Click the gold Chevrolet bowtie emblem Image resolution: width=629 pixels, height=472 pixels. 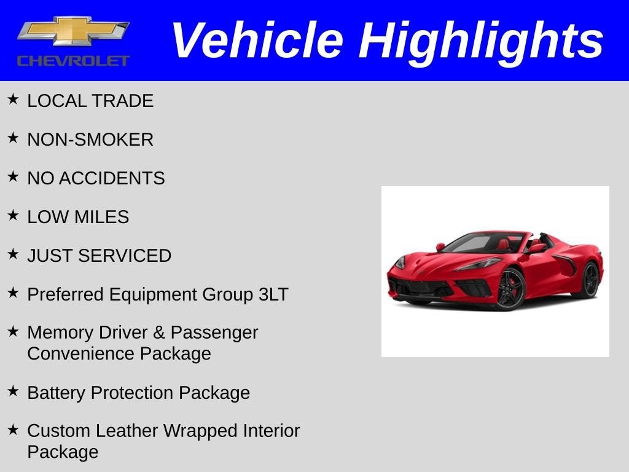coord(73,31)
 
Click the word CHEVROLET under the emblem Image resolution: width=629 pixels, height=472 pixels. coord(73,61)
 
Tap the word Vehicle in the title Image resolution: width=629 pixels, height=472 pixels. coord(257,40)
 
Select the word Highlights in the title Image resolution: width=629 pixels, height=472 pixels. coord(480,42)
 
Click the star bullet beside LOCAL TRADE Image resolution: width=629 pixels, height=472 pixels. coord(13,99)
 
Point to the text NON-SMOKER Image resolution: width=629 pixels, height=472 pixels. coord(90,140)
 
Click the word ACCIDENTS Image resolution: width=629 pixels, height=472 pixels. coord(112,178)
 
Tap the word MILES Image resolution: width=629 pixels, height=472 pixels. coord(102,217)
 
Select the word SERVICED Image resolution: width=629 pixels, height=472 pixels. coord(125,256)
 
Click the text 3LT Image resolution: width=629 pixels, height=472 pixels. coord(273,294)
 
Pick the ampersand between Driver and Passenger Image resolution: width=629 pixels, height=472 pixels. coord(159,332)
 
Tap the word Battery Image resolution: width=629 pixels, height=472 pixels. coord(56,393)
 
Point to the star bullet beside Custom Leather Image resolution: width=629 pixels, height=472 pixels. coord(13,430)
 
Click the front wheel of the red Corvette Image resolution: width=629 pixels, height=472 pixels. coord(510,289)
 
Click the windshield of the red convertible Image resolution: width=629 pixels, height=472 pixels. coord(474,243)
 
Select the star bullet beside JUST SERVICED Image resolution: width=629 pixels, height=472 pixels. coord(13,254)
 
